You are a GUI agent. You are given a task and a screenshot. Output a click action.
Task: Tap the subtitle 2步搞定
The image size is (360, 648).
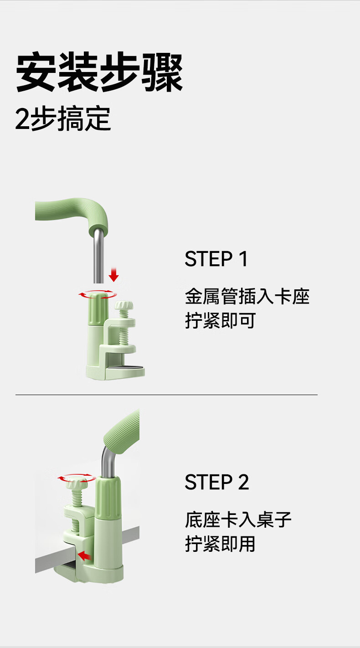(x=63, y=118)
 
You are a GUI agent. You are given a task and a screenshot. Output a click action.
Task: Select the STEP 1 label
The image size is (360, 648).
(x=216, y=259)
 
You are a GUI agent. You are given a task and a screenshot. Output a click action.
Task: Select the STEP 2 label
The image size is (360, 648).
(x=217, y=482)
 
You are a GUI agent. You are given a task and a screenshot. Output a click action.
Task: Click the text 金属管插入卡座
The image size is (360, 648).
(x=247, y=297)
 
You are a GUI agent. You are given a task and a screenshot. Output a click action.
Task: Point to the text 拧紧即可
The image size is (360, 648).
(x=220, y=320)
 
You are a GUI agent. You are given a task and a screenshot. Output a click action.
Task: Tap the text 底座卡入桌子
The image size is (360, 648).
(x=238, y=520)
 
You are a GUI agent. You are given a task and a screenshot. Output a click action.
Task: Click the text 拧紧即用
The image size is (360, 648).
(x=220, y=544)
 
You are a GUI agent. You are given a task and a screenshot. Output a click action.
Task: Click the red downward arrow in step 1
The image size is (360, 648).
(x=114, y=275)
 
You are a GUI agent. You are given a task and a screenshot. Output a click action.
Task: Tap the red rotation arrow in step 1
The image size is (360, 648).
(x=98, y=294)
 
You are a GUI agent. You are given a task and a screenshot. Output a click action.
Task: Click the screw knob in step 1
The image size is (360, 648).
(x=123, y=306)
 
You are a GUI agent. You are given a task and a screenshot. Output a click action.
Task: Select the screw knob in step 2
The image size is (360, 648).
(x=77, y=483)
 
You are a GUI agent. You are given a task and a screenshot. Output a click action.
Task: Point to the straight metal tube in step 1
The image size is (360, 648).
(x=98, y=256)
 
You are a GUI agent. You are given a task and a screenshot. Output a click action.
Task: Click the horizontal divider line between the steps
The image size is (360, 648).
(x=166, y=395)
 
